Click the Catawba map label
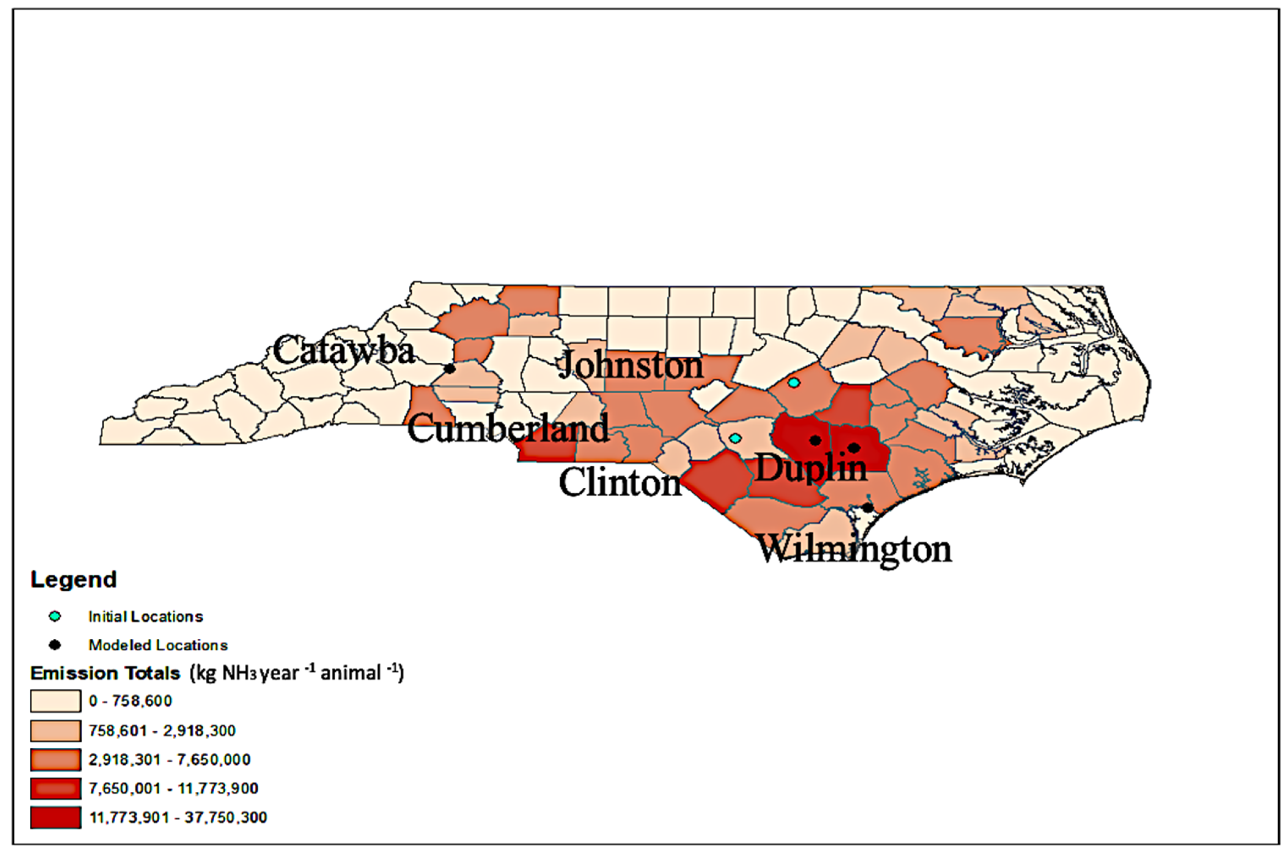tap(344, 350)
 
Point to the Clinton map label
tap(620, 483)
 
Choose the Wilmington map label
tap(854, 549)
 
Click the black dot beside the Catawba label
tap(450, 369)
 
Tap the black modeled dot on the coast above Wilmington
tap(867, 508)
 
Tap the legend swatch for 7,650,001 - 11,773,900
tap(56, 788)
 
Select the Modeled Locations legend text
tap(158, 645)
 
